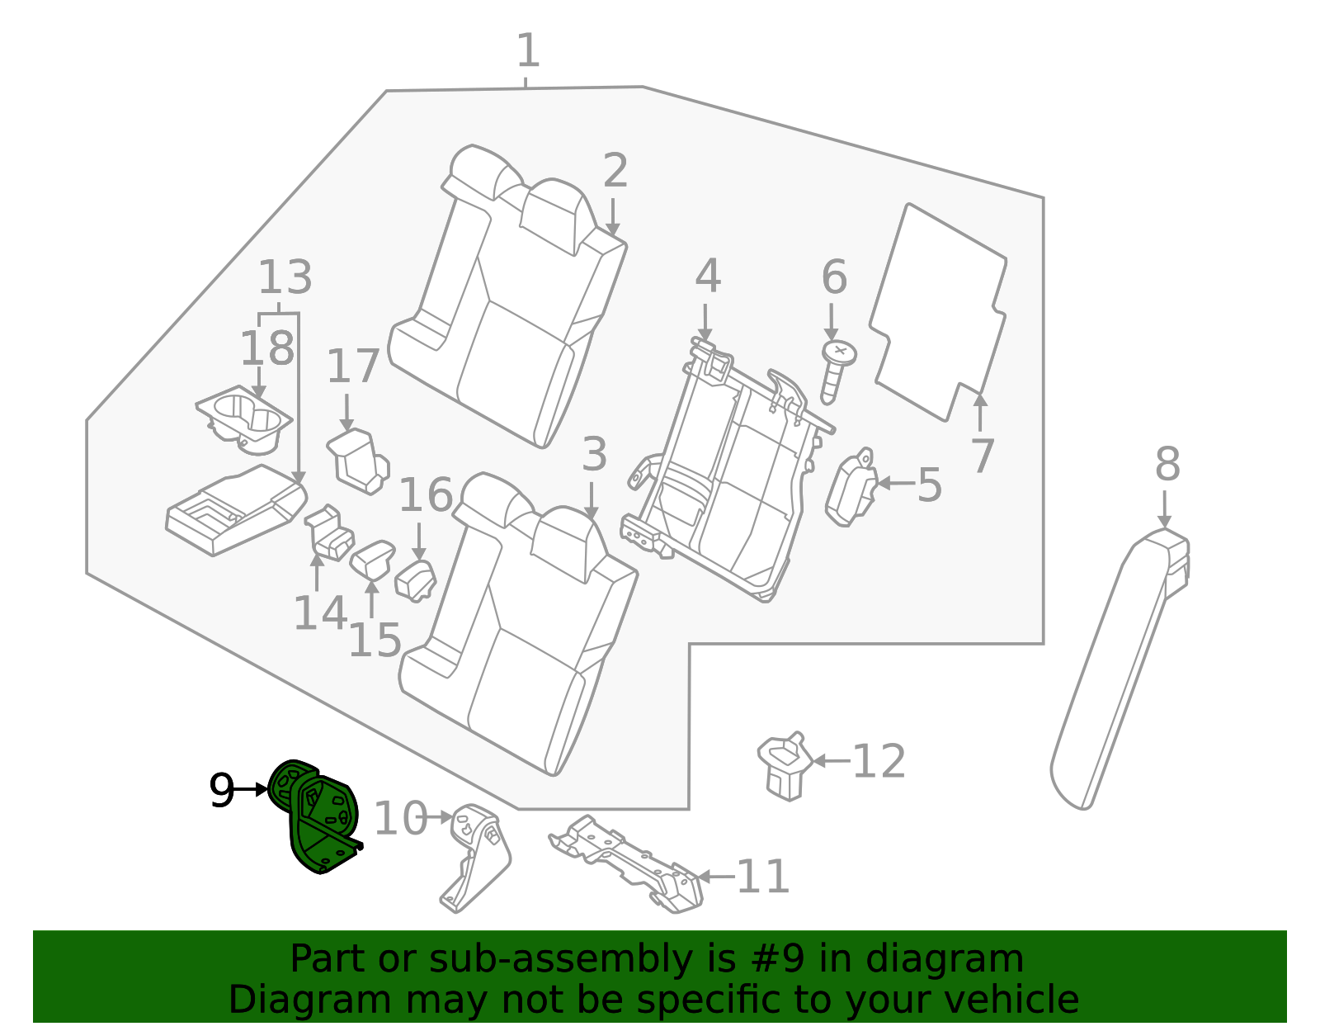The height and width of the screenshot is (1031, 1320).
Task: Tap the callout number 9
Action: tap(221, 791)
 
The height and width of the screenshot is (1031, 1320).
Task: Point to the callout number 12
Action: tap(879, 761)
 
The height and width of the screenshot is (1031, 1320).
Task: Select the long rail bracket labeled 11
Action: tap(627, 863)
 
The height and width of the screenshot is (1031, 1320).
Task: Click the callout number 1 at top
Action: tap(528, 51)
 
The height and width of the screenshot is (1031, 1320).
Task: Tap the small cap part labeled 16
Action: tap(417, 577)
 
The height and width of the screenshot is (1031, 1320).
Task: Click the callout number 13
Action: tap(285, 278)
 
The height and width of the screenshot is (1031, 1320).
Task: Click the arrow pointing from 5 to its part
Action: tap(894, 484)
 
